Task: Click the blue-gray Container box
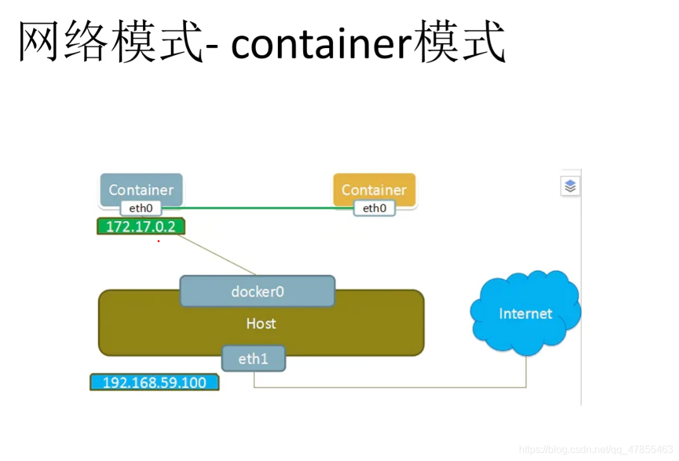click(140, 188)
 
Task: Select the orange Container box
click(374, 188)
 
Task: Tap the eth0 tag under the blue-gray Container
click(140, 208)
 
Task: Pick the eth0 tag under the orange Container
click(374, 208)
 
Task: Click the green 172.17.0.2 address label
click(140, 226)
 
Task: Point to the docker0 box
click(257, 292)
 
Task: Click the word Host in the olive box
click(261, 324)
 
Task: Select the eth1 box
click(253, 359)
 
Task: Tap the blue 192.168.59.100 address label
click(154, 383)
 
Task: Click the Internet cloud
click(525, 314)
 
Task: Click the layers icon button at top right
click(570, 186)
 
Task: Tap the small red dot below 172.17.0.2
click(158, 241)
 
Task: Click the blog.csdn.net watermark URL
click(595, 450)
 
